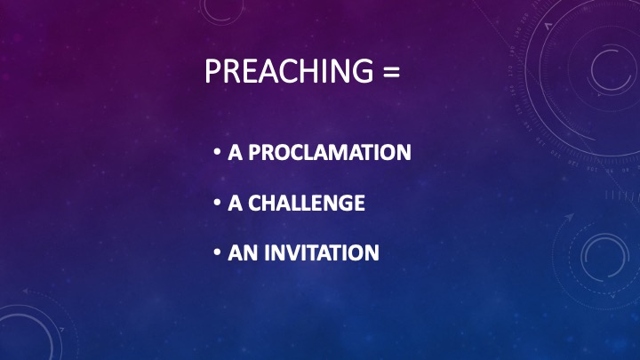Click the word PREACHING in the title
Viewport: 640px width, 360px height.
pyautogui.click(x=289, y=71)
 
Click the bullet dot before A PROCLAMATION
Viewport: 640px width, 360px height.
pyautogui.click(x=217, y=152)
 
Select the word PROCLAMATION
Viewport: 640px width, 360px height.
pyautogui.click(x=330, y=152)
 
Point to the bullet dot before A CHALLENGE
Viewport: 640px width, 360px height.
pyautogui.click(x=217, y=203)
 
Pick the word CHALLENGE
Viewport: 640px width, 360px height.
pyautogui.click(x=307, y=203)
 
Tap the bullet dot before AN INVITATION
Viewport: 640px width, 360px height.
pyautogui.click(x=217, y=252)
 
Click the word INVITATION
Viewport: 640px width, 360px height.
pyautogui.click(x=322, y=252)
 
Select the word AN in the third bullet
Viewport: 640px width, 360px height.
pyautogui.click(x=243, y=252)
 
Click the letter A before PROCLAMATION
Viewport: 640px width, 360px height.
pyautogui.click(x=235, y=152)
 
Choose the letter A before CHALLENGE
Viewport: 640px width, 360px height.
pyautogui.click(x=235, y=203)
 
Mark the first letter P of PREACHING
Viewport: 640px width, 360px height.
pyautogui.click(x=212, y=71)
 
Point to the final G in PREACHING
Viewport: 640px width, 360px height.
pyautogui.click(x=362, y=71)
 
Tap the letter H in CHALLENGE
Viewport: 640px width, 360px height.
pyautogui.click(x=274, y=203)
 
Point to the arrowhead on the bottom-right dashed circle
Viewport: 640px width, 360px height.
pyautogui.click(x=569, y=217)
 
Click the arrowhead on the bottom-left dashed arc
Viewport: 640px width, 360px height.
pyautogui.click(x=26, y=292)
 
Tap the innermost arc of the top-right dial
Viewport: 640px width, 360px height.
pyautogui.click(x=593, y=69)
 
